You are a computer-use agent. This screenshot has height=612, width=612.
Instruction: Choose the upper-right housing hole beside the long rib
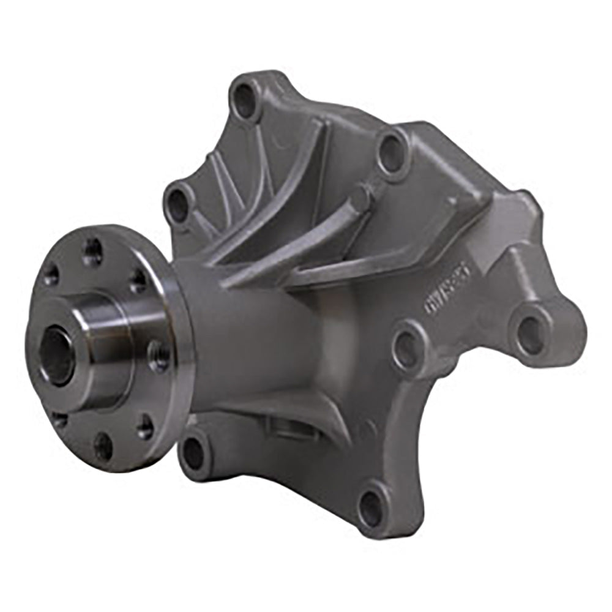392,151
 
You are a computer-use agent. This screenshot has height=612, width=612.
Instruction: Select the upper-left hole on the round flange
51,275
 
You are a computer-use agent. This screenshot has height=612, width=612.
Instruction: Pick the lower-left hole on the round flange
59,419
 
